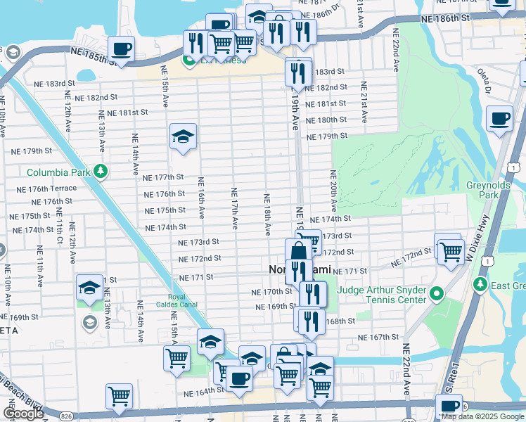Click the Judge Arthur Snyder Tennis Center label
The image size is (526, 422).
click(x=382, y=295)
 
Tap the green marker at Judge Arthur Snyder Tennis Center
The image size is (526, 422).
click(x=437, y=293)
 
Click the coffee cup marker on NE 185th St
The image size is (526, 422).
click(x=121, y=49)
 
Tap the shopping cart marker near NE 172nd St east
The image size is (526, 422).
click(x=450, y=250)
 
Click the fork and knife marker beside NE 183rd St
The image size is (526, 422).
click(x=298, y=72)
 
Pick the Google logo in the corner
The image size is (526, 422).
click(x=23, y=414)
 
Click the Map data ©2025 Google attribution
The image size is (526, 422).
click(x=482, y=416)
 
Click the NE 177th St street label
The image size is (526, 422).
click(x=163, y=178)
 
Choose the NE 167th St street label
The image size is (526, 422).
click(x=378, y=338)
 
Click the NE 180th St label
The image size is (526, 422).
click(x=327, y=120)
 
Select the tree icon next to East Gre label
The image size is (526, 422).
click(x=480, y=284)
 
